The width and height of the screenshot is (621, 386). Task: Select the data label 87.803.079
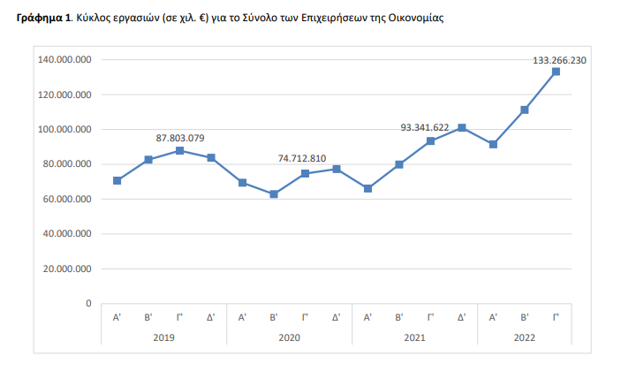(x=180, y=138)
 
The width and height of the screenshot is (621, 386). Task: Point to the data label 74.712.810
(x=302, y=158)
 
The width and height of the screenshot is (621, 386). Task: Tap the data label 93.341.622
(x=425, y=127)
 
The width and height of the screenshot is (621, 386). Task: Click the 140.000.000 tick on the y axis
(x=66, y=60)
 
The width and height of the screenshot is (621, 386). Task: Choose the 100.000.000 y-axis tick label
(x=66, y=130)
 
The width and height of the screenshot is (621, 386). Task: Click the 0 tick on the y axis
(x=88, y=303)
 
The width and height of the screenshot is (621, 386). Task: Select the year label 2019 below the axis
(x=163, y=337)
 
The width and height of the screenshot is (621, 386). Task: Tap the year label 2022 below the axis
(x=525, y=337)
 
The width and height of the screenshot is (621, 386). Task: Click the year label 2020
(x=289, y=337)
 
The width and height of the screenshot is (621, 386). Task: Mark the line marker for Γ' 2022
(x=556, y=72)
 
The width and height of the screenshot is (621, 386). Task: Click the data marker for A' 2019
(x=117, y=181)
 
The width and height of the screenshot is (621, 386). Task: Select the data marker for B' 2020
(x=274, y=194)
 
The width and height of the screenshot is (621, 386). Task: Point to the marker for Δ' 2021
(x=462, y=128)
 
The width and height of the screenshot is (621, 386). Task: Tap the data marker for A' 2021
(x=367, y=188)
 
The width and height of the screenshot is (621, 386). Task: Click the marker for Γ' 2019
(x=180, y=151)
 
